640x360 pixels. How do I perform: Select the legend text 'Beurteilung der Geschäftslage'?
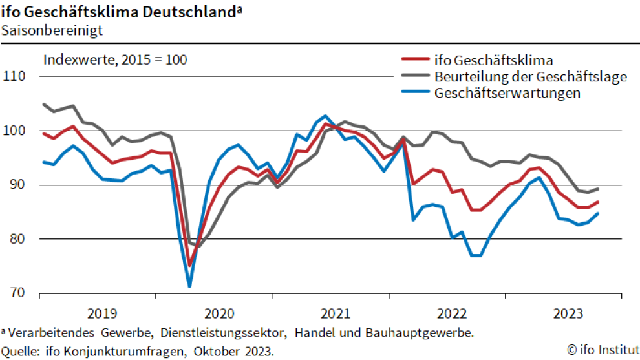pyautogui.click(x=531, y=77)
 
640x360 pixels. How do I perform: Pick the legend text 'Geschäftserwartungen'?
pyautogui.click(x=507, y=93)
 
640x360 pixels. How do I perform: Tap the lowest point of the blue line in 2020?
pyautogui.click(x=189, y=286)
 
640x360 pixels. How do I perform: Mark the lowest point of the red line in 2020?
pyautogui.click(x=190, y=265)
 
